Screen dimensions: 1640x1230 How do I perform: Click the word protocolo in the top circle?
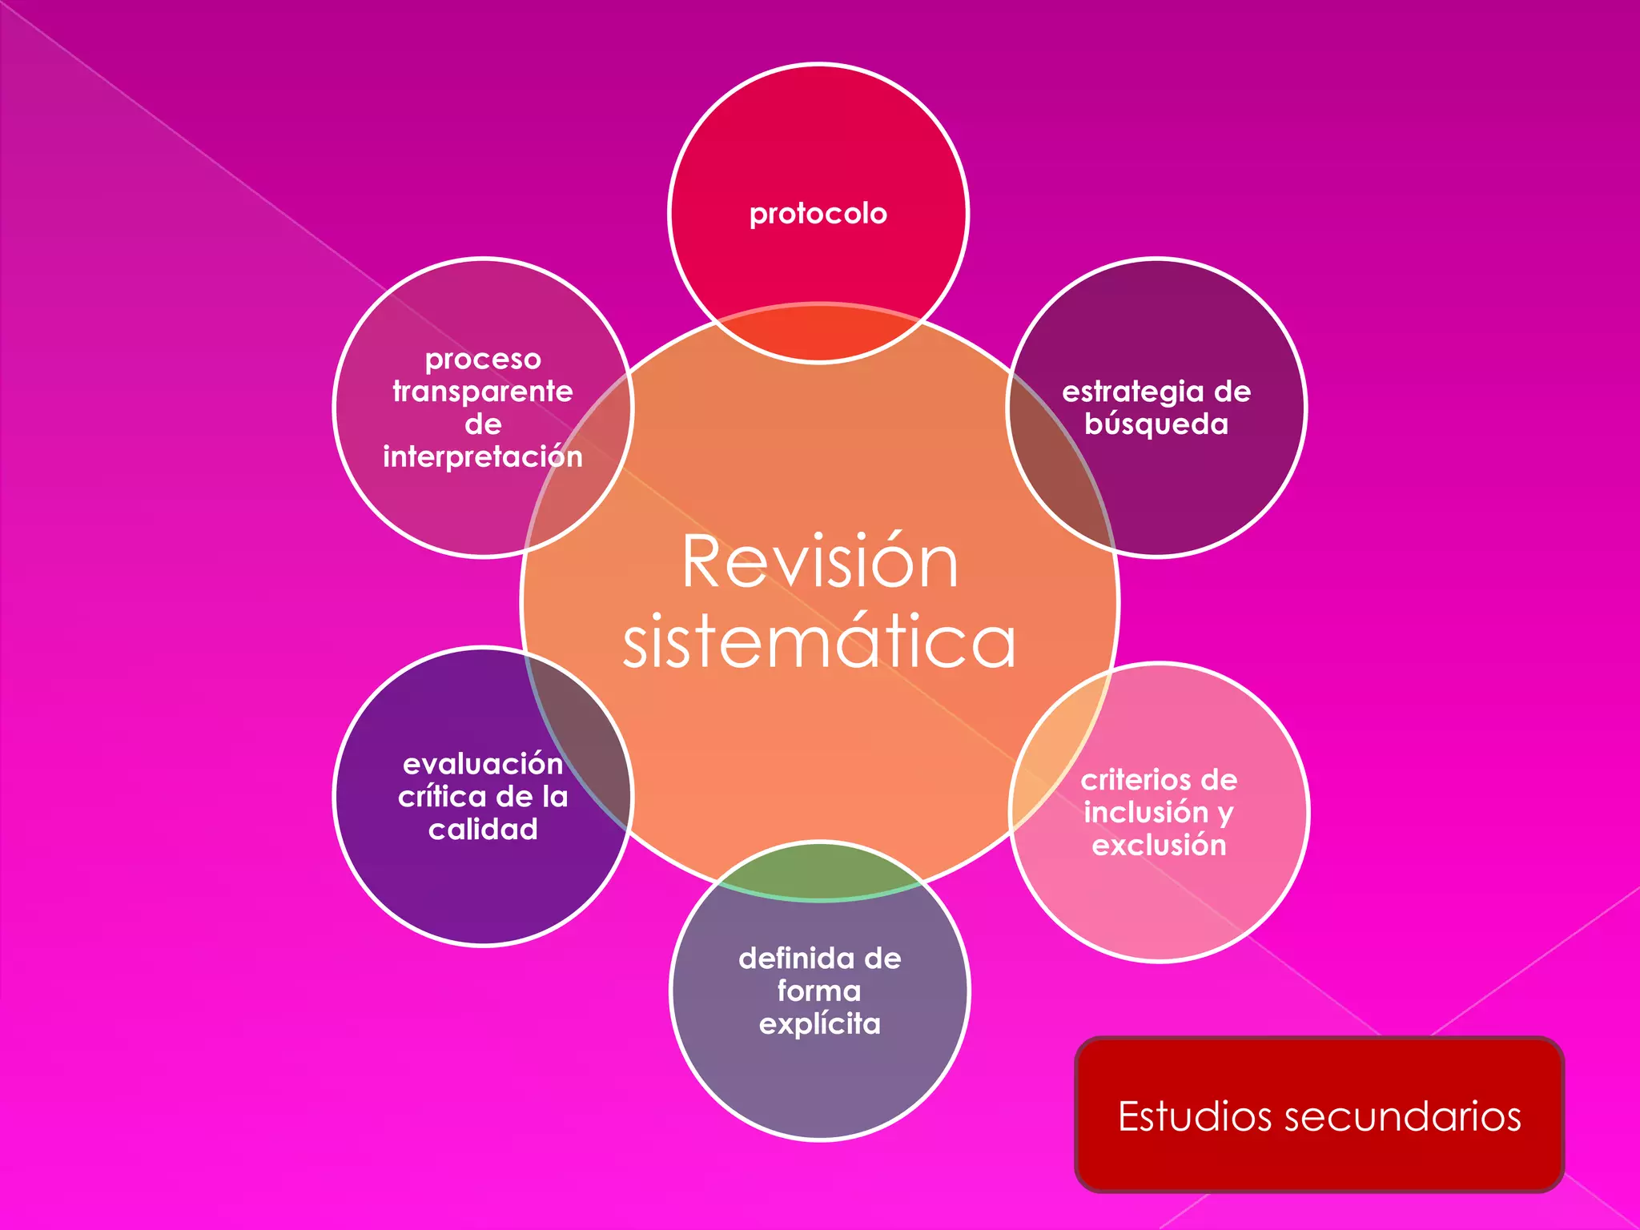[818, 214]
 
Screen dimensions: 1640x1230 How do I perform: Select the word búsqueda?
[1156, 424]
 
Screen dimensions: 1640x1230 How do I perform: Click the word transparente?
[482, 392]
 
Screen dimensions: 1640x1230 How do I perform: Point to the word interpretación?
[482, 456]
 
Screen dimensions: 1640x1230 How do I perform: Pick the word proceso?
[482, 359]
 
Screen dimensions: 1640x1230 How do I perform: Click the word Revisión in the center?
[819, 562]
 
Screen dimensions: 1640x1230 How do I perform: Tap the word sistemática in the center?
[819, 642]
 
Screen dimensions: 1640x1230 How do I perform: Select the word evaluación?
[482, 764]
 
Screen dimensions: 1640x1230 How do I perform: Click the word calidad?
[482, 829]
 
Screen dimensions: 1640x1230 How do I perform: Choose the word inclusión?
[1146, 812]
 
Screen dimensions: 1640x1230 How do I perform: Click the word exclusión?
[1159, 845]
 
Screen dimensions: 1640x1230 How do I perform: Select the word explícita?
[819, 1024]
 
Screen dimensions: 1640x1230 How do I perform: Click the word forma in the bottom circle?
[819, 991]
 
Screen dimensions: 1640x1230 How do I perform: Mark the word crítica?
[441, 797]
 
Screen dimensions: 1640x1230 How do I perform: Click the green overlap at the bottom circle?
[819, 871]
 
